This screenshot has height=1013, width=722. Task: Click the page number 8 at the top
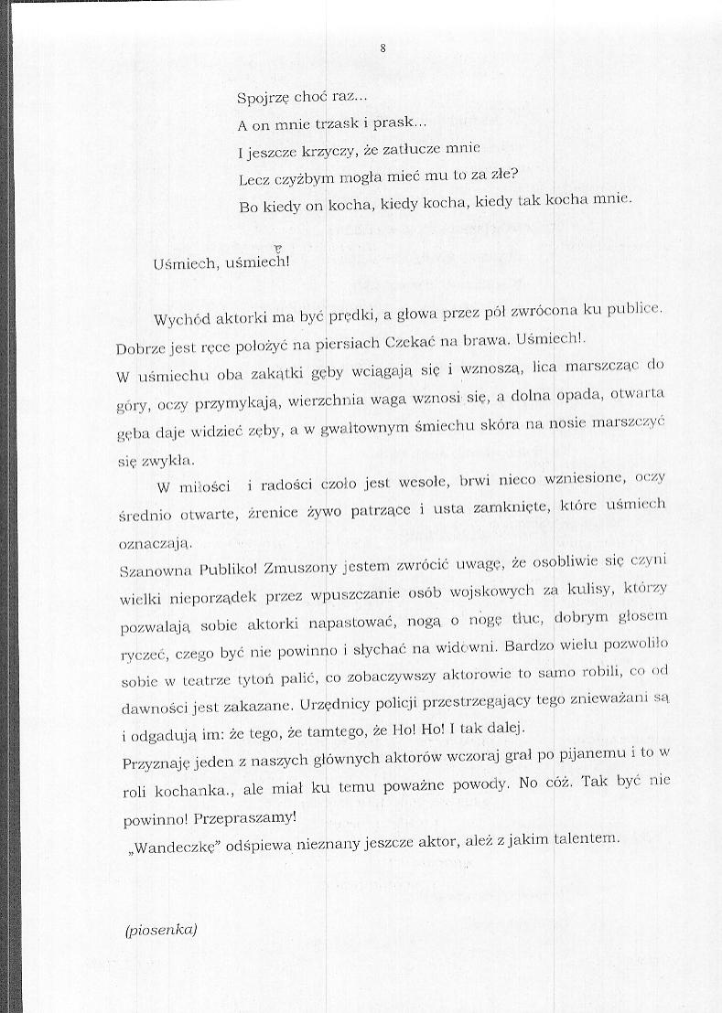coord(383,48)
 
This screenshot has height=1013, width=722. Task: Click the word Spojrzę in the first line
coord(263,99)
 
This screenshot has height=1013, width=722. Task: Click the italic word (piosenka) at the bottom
coord(160,932)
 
